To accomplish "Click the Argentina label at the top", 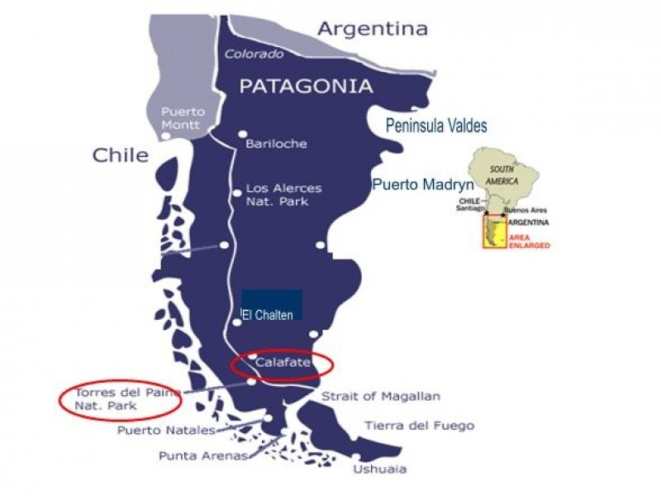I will (373, 29).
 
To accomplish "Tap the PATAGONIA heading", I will (306, 85).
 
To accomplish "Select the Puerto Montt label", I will (183, 117).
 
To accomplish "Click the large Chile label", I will (121, 155).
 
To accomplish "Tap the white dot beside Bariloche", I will (242, 134).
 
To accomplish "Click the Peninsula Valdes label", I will (436, 126).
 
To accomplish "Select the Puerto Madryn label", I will (422, 184).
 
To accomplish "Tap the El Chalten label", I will (268, 315).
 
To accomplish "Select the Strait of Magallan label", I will (380, 397).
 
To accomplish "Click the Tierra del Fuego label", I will (419, 426).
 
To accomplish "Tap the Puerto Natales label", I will (166, 430).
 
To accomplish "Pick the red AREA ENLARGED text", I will (530, 242).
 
